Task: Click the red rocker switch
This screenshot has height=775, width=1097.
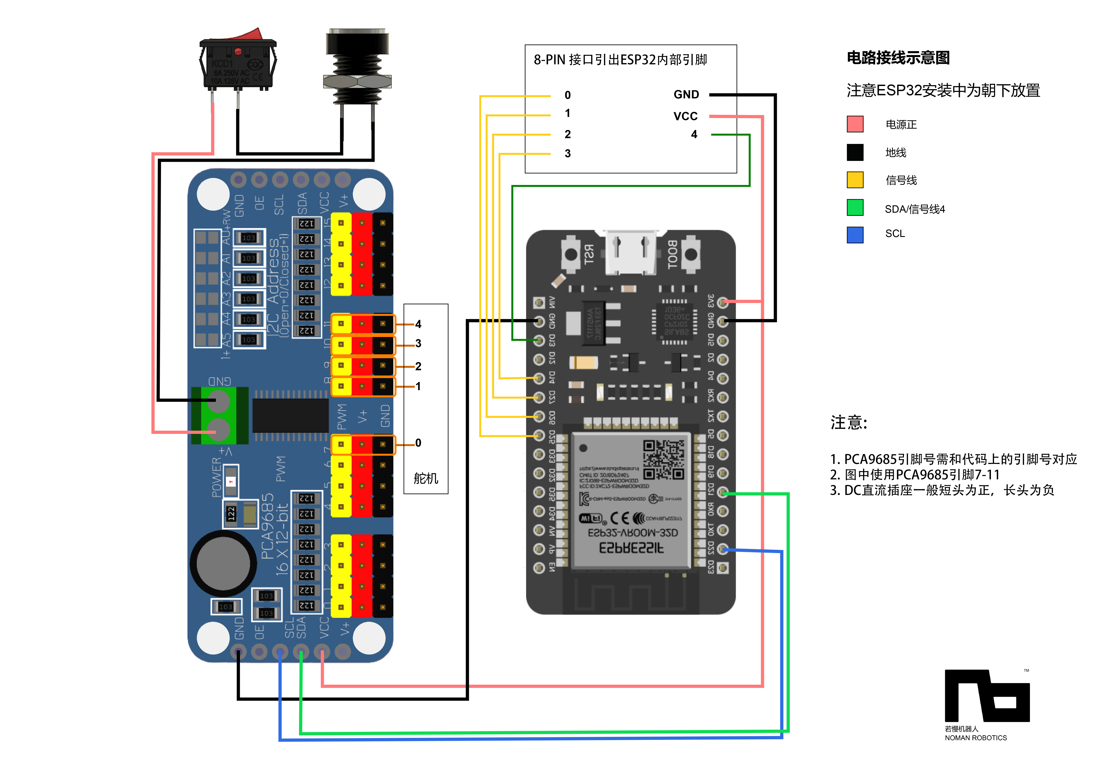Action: (237, 60)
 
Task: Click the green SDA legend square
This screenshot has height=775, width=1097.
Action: (855, 207)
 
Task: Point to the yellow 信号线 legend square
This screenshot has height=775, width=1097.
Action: (855, 180)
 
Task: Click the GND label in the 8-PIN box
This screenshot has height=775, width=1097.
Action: (686, 95)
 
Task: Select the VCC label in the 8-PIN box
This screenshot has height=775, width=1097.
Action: (685, 116)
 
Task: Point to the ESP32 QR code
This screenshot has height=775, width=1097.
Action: (664, 460)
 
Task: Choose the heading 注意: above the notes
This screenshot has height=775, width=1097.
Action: (849, 422)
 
